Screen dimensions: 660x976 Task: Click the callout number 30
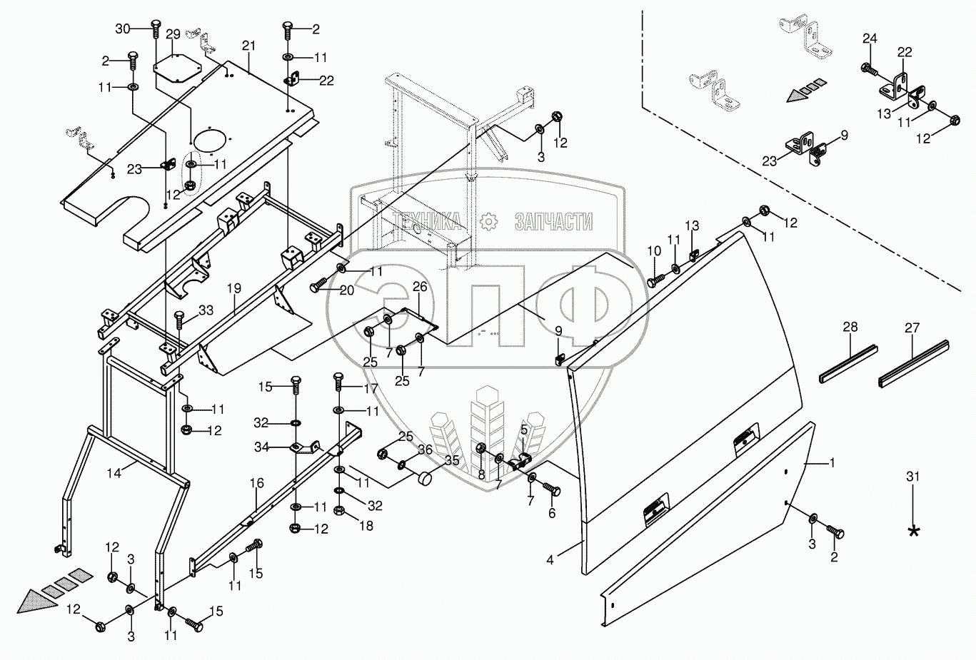click(x=123, y=29)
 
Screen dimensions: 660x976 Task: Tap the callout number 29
click(x=173, y=34)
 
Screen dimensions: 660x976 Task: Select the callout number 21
click(x=248, y=46)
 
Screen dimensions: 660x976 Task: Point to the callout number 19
click(x=234, y=289)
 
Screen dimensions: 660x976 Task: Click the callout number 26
click(x=420, y=287)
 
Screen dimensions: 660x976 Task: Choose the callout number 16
click(x=257, y=484)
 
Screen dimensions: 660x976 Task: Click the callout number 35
click(x=452, y=460)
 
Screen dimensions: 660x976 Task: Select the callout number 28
click(x=850, y=328)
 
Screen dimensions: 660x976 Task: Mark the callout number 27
click(x=912, y=328)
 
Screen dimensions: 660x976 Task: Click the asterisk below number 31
click(x=913, y=531)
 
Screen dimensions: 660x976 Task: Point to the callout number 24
click(x=869, y=38)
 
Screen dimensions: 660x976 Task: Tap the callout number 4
click(x=550, y=560)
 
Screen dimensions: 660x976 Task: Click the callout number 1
click(x=831, y=463)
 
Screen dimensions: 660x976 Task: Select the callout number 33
click(x=206, y=310)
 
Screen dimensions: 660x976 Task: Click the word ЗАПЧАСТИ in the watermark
click(x=553, y=222)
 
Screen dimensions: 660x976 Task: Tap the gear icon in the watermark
click(x=488, y=222)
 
